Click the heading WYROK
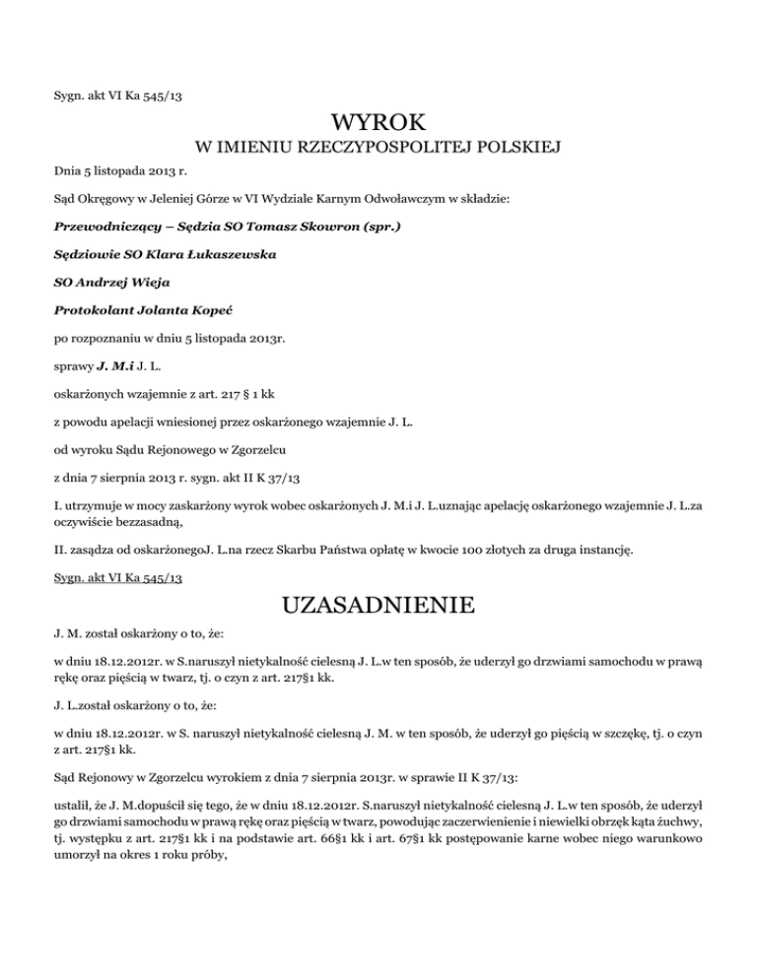coord(378,124)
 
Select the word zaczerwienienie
coord(520,836)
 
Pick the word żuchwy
coord(680,836)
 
